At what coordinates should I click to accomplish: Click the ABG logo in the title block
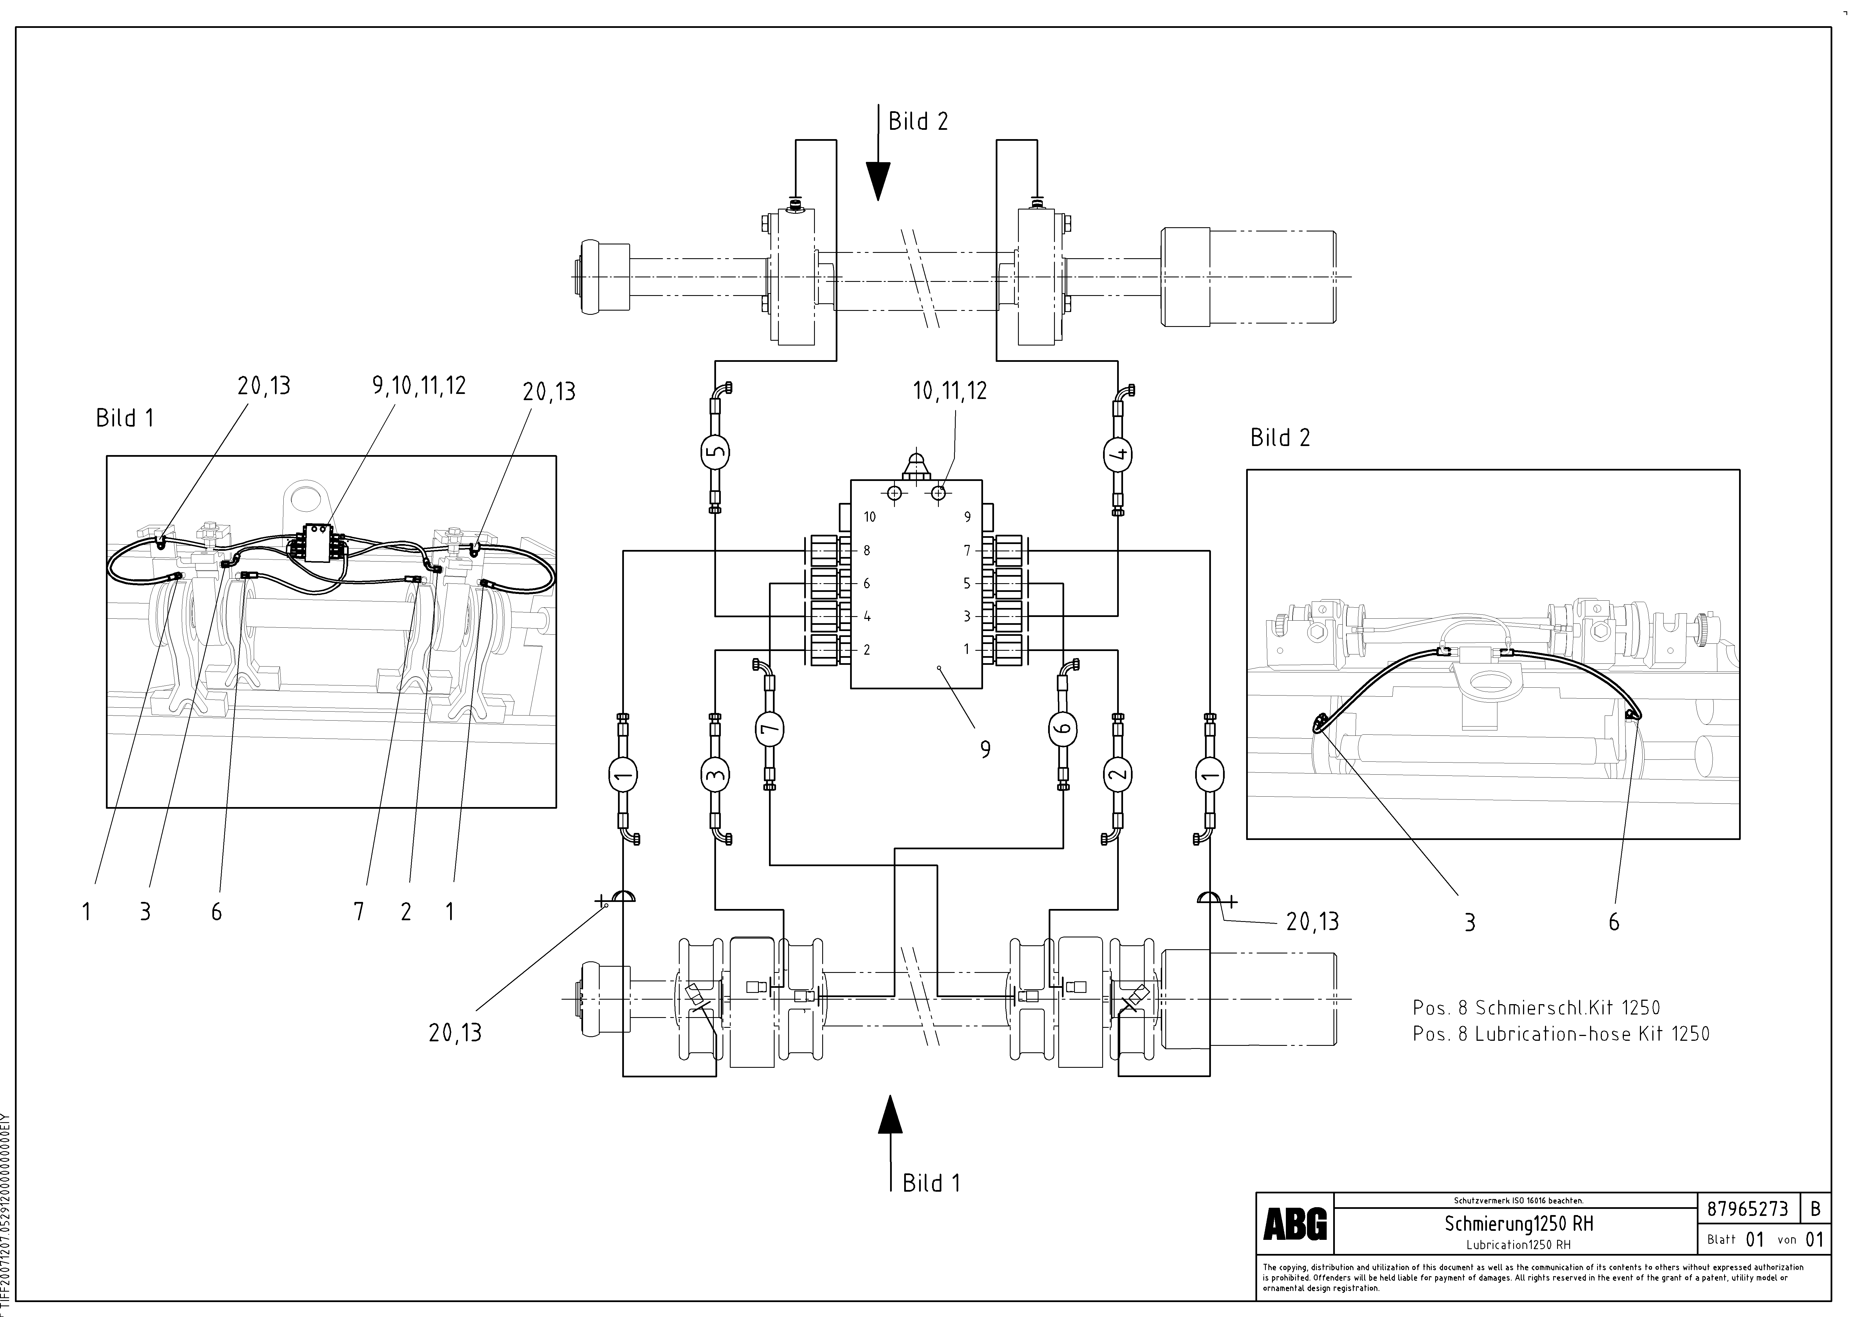(x=1295, y=1224)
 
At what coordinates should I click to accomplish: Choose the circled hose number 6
(x=1064, y=727)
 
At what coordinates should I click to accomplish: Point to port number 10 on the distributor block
(x=869, y=517)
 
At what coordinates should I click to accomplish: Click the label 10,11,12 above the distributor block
(x=949, y=391)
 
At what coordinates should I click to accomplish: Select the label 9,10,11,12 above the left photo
(x=419, y=386)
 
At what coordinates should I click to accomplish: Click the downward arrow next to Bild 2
(x=878, y=180)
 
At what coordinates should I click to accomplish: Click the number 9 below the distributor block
(x=985, y=749)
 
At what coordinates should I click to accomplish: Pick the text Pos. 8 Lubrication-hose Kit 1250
(x=1560, y=1034)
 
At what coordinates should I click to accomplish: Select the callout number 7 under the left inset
(x=359, y=912)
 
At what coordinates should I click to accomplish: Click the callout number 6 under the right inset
(x=1613, y=922)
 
